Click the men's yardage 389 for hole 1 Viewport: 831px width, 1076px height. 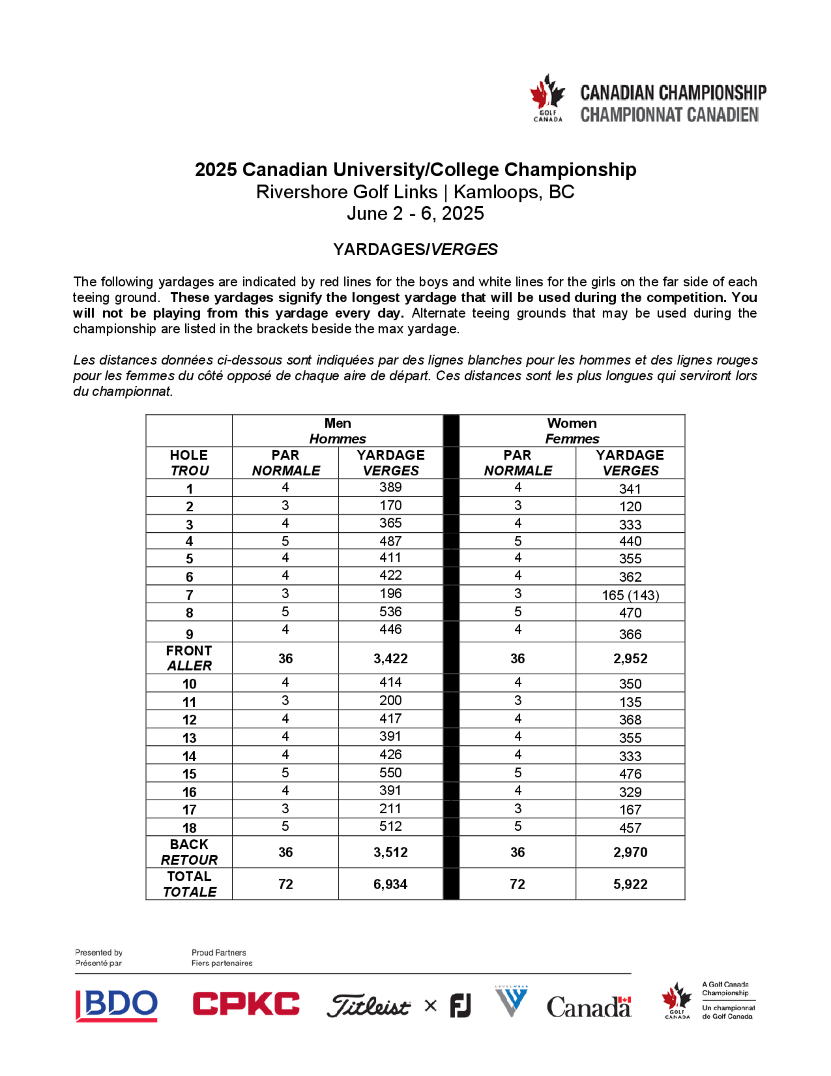(x=391, y=487)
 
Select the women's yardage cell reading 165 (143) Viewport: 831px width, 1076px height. (x=630, y=595)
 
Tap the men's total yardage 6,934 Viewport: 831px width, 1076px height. (x=391, y=884)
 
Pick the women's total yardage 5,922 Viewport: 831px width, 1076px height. (x=630, y=884)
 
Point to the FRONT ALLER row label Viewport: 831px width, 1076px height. (x=189, y=658)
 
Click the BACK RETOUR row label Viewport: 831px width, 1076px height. (x=189, y=852)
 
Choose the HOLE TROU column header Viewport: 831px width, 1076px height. (x=189, y=463)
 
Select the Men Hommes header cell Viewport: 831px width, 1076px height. (x=338, y=431)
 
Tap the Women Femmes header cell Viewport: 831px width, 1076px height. (x=572, y=431)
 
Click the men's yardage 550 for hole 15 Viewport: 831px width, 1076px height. (x=391, y=772)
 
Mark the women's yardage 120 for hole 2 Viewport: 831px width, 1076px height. (x=630, y=506)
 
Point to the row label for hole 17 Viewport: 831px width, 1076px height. (x=189, y=809)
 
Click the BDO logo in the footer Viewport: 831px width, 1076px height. (x=117, y=1006)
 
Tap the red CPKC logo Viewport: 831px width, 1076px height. (x=246, y=1004)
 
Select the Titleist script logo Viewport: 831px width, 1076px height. (x=368, y=1006)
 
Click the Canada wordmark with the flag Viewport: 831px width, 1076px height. (x=589, y=1007)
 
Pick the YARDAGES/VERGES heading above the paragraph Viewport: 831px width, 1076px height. (x=415, y=249)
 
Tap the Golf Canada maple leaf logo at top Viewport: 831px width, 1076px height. (x=547, y=98)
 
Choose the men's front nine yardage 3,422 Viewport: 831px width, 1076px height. (x=391, y=659)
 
